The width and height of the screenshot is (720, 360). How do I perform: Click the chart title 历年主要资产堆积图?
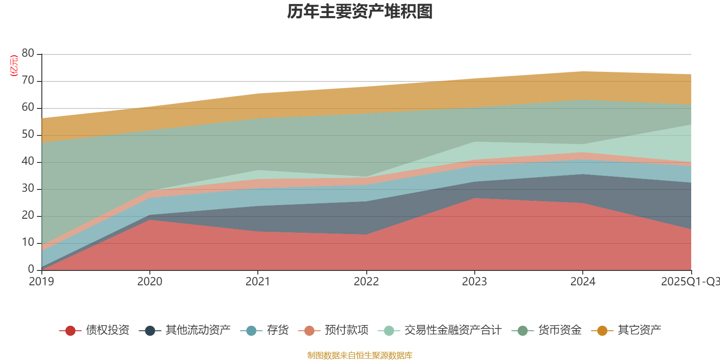pos(360,12)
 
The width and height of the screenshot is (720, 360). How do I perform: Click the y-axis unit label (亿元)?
pos(13,66)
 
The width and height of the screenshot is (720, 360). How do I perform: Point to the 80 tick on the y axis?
pos(28,54)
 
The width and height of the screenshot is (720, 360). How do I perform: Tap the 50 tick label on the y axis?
pos(28,135)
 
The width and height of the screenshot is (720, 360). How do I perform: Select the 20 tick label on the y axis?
pos(28,216)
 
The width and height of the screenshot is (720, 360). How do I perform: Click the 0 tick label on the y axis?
pos(31,269)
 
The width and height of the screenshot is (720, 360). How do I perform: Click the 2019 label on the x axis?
pos(41,282)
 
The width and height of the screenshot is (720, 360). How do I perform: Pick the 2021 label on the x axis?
pos(257,282)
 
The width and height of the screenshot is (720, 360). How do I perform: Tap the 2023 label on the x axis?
pos(474,282)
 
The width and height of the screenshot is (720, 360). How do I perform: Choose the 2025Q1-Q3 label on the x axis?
pos(689,282)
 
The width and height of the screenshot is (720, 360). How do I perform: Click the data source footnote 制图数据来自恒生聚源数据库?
pos(360,355)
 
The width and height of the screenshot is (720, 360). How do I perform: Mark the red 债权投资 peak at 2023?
pos(474,198)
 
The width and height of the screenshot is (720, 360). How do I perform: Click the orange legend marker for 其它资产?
pos(602,331)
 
